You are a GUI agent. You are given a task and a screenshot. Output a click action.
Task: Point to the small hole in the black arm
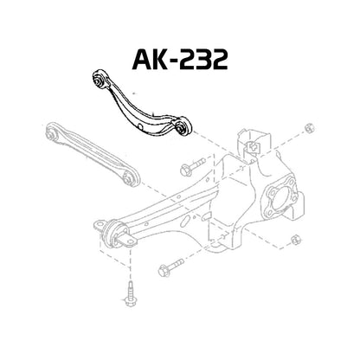(x=139, y=121)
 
